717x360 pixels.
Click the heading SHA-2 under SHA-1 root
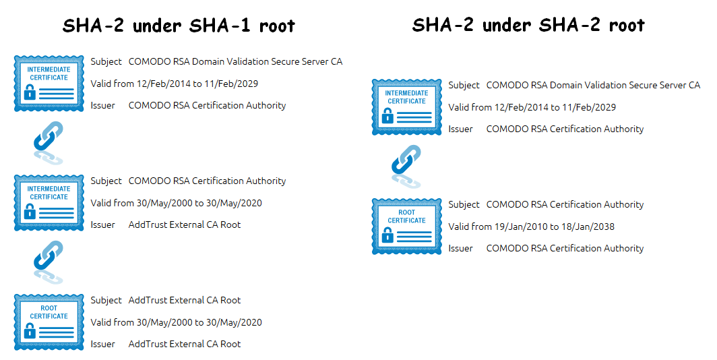tap(179, 25)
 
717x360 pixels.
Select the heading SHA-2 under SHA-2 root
tap(528, 25)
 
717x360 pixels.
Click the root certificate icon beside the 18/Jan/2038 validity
tap(406, 226)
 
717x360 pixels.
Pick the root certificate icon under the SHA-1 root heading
tap(49, 322)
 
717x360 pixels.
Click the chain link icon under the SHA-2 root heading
tap(406, 167)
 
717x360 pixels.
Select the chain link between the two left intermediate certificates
tap(49, 143)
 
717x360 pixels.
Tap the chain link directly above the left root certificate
tap(49, 262)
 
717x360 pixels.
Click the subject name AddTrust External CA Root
tap(184, 300)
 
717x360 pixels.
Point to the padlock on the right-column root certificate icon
tap(387, 235)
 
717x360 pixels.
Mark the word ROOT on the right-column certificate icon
tap(406, 212)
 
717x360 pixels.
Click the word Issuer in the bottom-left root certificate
tap(103, 344)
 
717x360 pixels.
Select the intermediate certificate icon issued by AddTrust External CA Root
tap(49, 203)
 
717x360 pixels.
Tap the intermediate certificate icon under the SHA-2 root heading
tap(406, 107)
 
